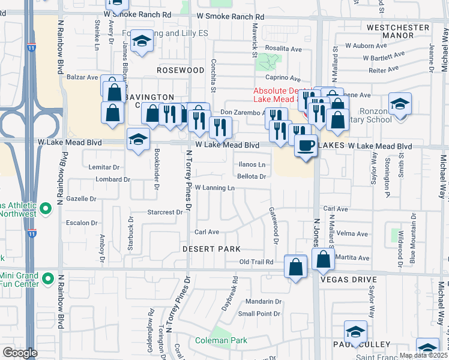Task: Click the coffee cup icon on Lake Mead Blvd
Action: click(x=306, y=146)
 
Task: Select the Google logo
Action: click(x=20, y=353)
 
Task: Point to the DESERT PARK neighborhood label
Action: click(x=212, y=249)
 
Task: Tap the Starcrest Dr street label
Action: click(x=165, y=212)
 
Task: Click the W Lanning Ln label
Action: click(x=214, y=188)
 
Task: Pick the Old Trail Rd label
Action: click(x=256, y=262)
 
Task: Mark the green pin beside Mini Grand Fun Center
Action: click(x=46, y=280)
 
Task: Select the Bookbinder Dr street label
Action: click(x=156, y=169)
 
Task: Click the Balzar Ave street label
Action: click(x=82, y=77)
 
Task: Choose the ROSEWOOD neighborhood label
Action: click(x=181, y=70)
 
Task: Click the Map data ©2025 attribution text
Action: click(x=424, y=355)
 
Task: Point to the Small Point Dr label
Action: click(x=259, y=314)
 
